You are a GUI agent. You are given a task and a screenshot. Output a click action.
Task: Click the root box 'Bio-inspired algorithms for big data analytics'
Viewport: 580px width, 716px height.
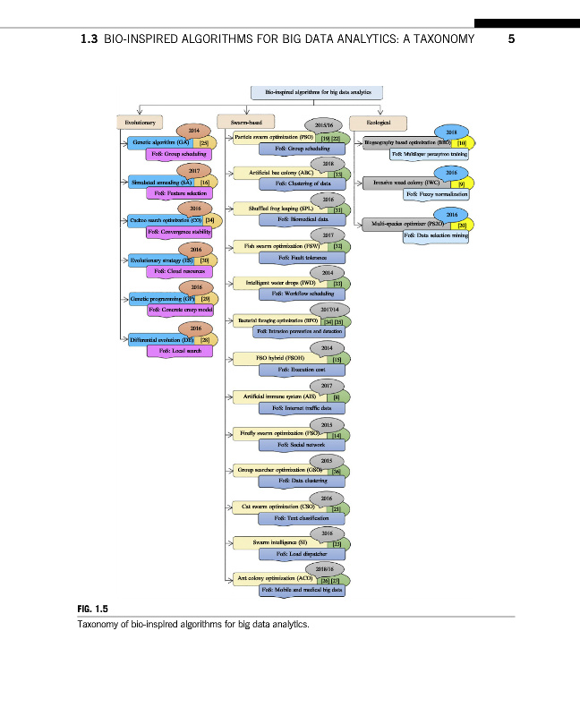pos(317,92)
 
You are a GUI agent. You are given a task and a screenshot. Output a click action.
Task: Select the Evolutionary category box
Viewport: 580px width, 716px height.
pos(141,121)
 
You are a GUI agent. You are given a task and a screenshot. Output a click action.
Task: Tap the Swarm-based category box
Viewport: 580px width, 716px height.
pos(246,121)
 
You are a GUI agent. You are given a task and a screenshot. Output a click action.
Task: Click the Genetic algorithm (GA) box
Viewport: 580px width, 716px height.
pos(159,142)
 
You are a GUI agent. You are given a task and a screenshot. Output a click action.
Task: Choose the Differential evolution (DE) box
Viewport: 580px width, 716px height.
pos(159,340)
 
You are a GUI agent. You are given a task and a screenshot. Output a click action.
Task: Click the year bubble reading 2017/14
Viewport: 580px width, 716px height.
pos(320,308)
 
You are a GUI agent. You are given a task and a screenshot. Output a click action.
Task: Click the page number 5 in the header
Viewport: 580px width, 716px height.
pos(511,39)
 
